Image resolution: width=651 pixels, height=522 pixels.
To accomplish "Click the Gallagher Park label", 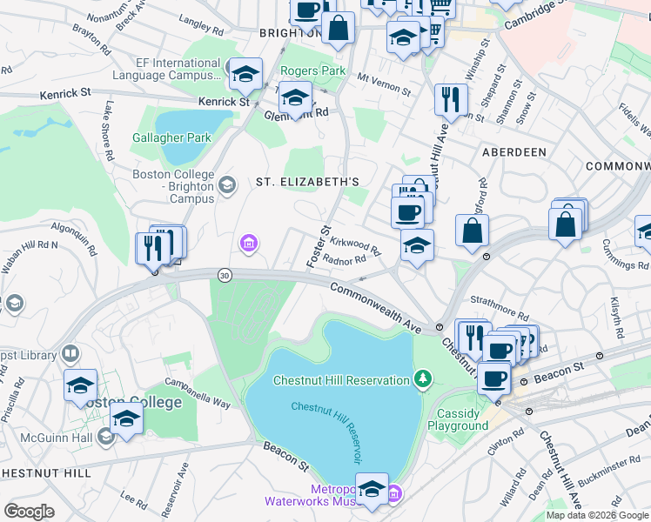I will (x=171, y=137).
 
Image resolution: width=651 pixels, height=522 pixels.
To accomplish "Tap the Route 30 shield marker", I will (x=225, y=275).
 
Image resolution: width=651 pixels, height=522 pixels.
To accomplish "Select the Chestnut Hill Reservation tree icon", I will (x=422, y=378).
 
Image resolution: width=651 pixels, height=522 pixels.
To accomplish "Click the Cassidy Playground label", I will (x=458, y=419).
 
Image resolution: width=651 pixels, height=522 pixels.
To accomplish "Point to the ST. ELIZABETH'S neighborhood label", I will (x=307, y=181).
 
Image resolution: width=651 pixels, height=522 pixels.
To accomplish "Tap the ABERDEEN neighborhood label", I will (x=514, y=152).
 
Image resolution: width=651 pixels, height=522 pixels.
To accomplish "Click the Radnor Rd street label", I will (x=344, y=260).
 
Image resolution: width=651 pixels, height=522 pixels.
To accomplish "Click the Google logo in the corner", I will (x=29, y=512).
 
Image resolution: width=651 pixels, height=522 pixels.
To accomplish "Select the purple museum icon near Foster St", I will (x=249, y=242).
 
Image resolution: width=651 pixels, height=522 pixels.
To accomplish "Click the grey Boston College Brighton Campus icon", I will (x=227, y=184).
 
